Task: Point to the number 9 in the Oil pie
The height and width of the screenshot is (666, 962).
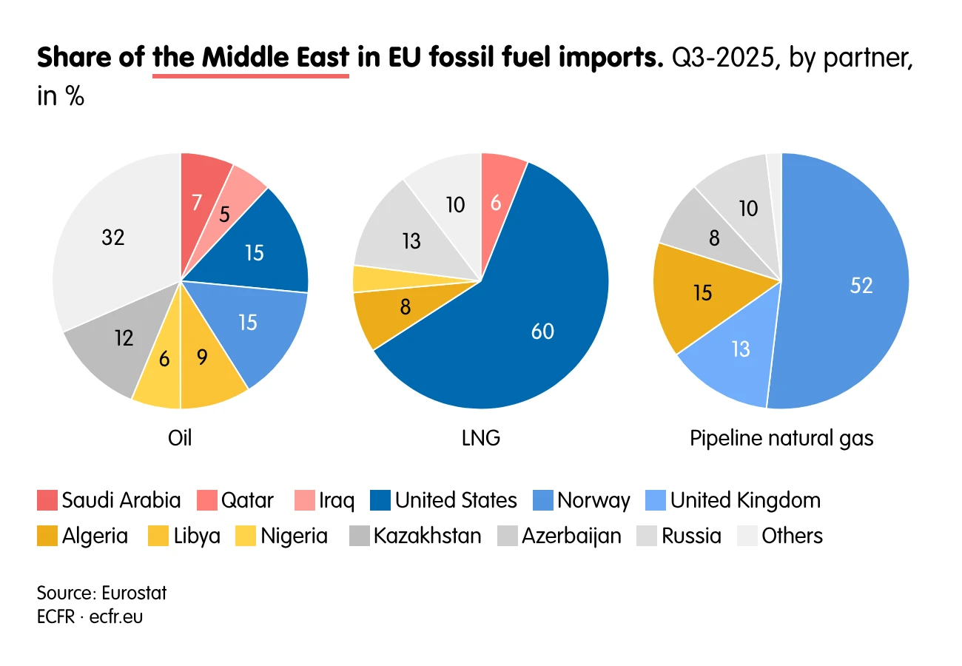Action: click(202, 357)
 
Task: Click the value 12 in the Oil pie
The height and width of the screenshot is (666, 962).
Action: click(124, 338)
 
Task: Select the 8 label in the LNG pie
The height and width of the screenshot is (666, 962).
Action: click(405, 307)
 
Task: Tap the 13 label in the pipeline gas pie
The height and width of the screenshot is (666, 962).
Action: click(741, 349)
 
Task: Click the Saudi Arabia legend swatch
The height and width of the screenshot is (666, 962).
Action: click(47, 500)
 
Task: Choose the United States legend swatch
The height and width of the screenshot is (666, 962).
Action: click(380, 500)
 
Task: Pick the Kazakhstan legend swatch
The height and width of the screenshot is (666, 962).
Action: click(360, 536)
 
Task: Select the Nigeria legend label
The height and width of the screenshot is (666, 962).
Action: click(295, 536)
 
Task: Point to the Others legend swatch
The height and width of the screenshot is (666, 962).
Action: click(747, 536)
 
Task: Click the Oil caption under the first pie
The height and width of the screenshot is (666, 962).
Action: click(180, 438)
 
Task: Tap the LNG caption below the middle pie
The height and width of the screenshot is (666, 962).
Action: click(481, 438)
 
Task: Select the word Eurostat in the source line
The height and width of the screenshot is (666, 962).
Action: click(134, 593)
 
